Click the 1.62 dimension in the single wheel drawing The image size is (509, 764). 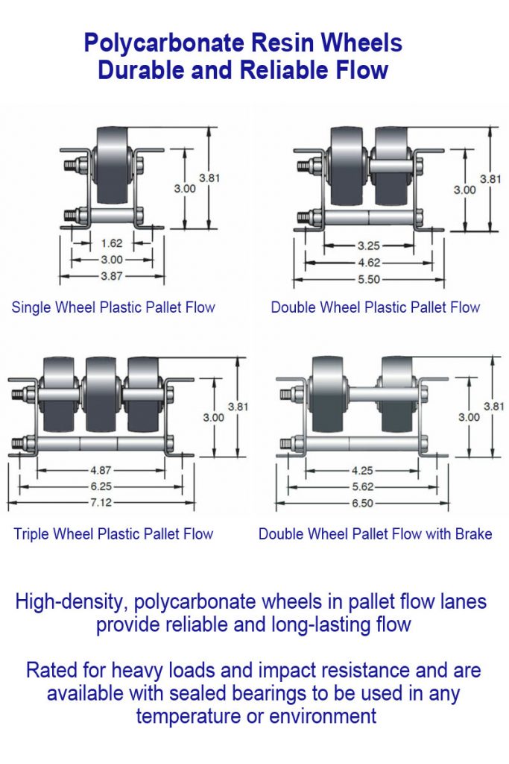coord(111,243)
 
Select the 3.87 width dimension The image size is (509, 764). coord(111,275)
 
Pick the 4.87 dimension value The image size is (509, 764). coord(101,471)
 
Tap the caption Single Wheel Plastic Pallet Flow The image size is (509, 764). coord(113,307)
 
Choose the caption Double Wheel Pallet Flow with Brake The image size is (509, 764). coord(375,533)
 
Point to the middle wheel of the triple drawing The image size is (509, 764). coord(101,395)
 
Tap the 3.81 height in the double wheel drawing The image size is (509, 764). coord(490,178)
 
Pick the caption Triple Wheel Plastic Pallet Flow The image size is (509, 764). coord(113,533)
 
